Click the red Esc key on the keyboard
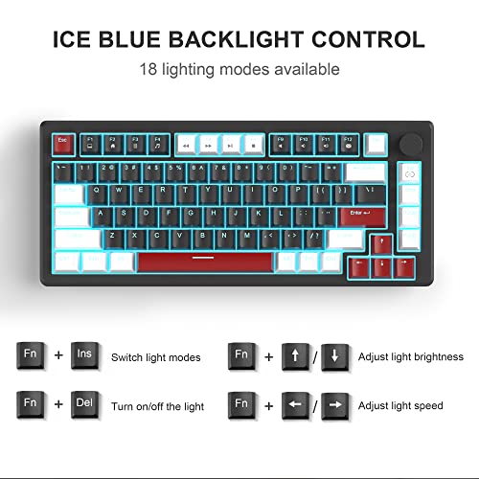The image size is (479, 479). (x=63, y=143)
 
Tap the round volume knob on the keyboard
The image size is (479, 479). (x=414, y=145)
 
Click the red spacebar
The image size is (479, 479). (x=204, y=261)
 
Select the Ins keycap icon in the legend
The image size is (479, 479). (x=84, y=355)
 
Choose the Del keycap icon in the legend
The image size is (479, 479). (x=84, y=405)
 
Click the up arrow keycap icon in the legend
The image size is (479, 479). (x=296, y=355)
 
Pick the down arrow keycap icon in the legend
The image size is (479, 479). (x=334, y=355)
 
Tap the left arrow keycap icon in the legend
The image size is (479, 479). (x=296, y=405)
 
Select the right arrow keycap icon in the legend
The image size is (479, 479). (x=334, y=405)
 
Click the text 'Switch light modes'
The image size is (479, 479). (x=156, y=356)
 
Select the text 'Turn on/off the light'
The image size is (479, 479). (x=158, y=406)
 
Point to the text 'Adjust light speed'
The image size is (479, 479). (x=400, y=406)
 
